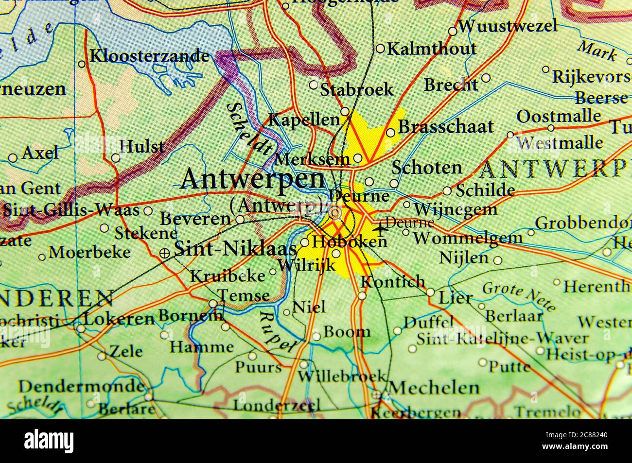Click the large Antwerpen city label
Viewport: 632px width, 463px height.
pyautogui.click(x=252, y=179)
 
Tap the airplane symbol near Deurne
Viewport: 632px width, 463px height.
pyautogui.click(x=380, y=226)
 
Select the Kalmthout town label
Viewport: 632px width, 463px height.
pyautogui.click(x=432, y=49)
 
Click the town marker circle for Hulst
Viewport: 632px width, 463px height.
pyautogui.click(x=116, y=158)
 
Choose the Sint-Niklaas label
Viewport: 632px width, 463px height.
pyautogui.click(x=235, y=250)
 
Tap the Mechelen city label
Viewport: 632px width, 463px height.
pyautogui.click(x=435, y=388)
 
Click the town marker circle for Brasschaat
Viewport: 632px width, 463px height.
pyautogui.click(x=390, y=133)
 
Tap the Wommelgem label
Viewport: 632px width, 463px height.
pyautogui.click(x=468, y=238)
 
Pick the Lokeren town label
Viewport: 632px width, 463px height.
pyautogui.click(x=119, y=319)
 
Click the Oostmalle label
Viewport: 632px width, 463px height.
pyautogui.click(x=559, y=117)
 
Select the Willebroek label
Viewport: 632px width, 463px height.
pyautogui.click(x=342, y=376)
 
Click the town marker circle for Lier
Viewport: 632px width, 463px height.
pyautogui.click(x=430, y=292)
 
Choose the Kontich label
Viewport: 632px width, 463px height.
pyautogui.click(x=393, y=281)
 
